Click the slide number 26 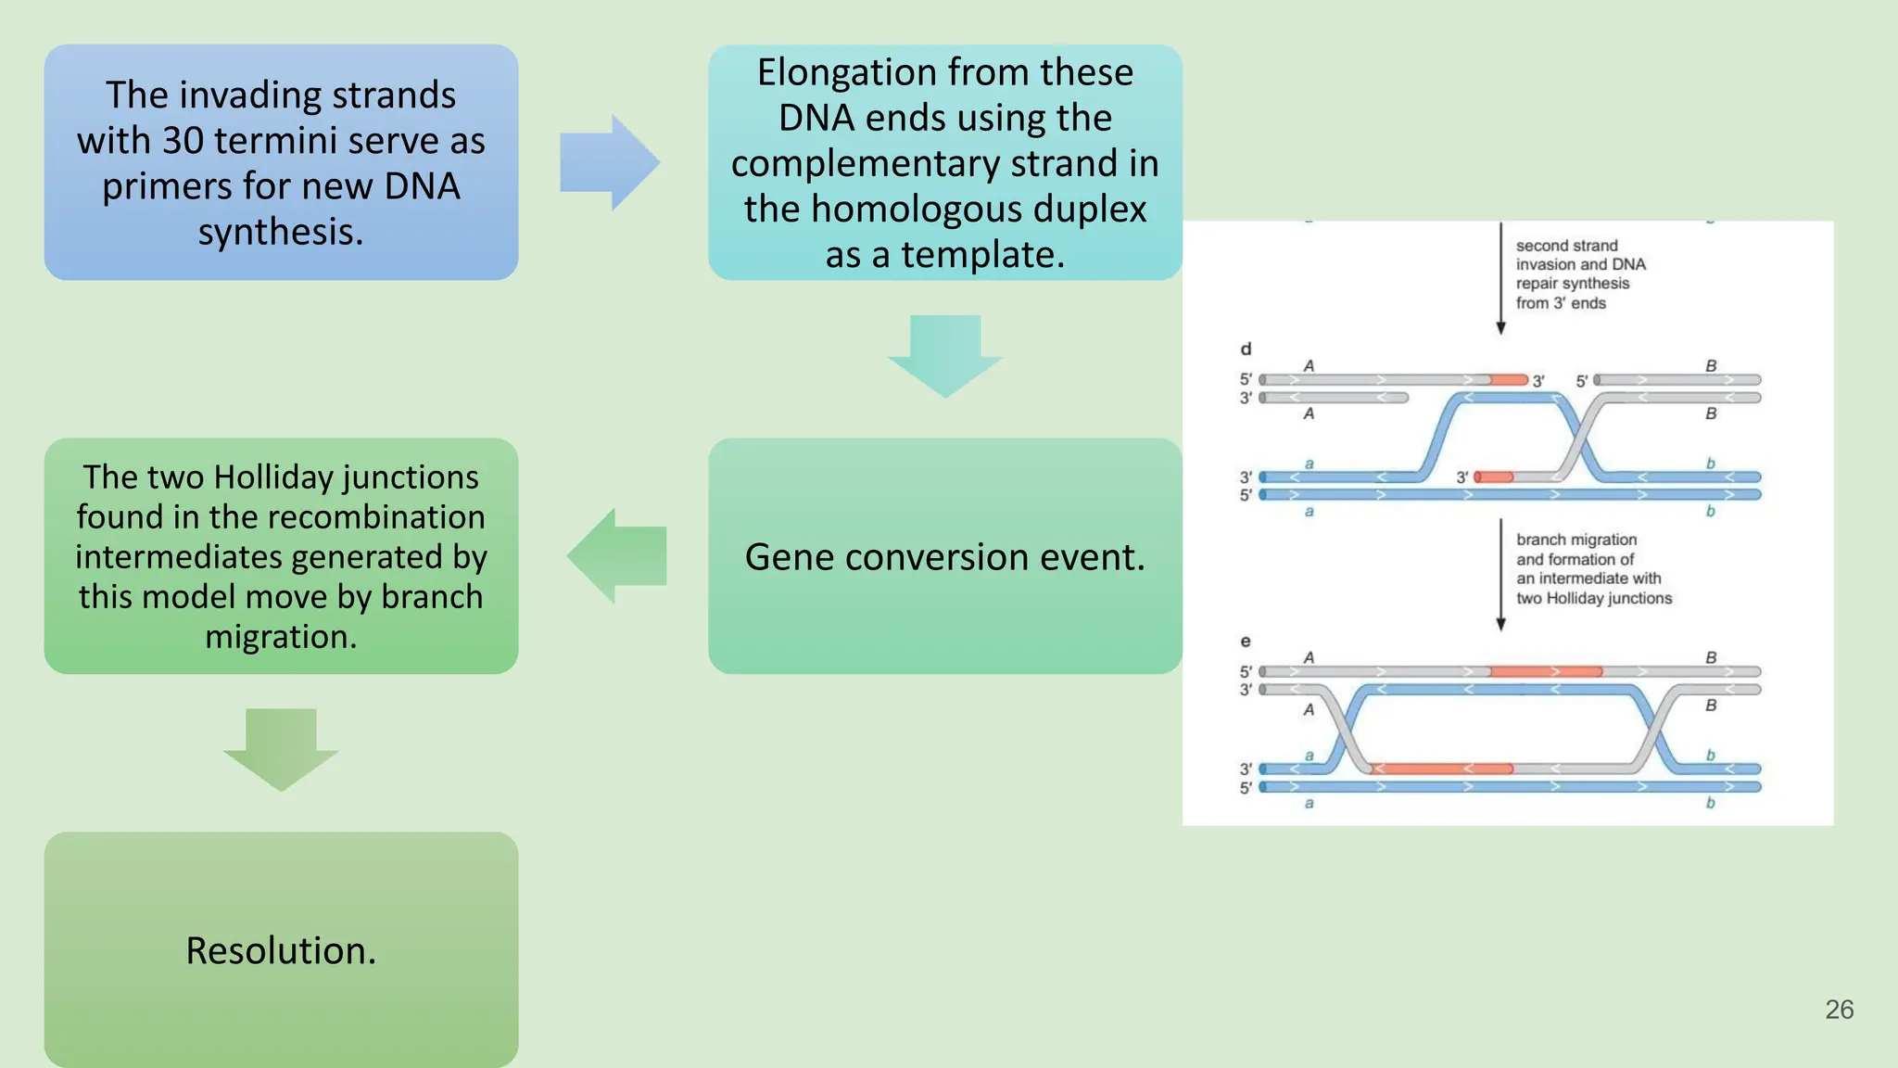1839,1010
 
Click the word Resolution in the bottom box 280,951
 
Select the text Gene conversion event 944,557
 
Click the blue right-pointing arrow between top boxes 609,163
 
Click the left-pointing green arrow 616,556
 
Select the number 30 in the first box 183,141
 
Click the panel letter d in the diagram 1246,350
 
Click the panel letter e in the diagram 1246,642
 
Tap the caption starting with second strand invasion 1579,274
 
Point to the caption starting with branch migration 1592,568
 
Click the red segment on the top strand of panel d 1509,380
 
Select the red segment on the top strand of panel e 1546,671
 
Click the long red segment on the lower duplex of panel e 1442,769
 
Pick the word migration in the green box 280,638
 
